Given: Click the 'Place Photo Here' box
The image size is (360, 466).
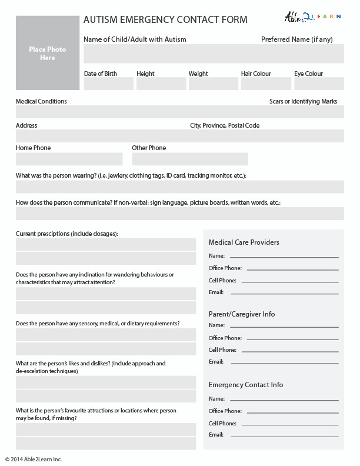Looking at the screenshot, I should (x=48, y=53).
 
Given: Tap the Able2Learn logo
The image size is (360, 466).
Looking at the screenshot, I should (x=312, y=17).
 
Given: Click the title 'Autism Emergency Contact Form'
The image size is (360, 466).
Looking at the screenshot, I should (x=165, y=20).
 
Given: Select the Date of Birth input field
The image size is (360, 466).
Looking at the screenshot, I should (x=108, y=84).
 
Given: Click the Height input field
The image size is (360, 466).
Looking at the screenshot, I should (x=161, y=84).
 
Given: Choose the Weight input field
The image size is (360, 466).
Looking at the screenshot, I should (x=213, y=84).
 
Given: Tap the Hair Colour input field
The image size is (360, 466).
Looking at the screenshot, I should (x=265, y=84).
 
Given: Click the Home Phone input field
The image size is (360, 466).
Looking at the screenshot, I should (x=69, y=159).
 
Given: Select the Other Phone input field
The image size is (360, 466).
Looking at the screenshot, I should (x=189, y=159).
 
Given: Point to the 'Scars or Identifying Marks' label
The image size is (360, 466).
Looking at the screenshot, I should (x=303, y=101).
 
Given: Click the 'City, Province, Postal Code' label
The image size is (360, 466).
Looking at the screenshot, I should (x=224, y=125).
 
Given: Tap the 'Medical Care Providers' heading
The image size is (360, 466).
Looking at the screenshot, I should (x=244, y=242).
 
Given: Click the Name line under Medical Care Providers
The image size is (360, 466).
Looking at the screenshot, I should (x=284, y=257).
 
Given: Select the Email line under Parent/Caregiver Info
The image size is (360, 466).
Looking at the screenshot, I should (x=285, y=362).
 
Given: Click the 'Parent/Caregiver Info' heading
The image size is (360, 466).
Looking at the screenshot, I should (x=241, y=314).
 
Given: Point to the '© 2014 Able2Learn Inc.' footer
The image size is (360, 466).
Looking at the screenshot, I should (x=34, y=459).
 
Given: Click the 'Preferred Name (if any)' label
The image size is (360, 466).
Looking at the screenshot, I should (x=296, y=39).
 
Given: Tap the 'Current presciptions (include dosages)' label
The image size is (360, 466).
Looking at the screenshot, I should (x=66, y=234).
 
